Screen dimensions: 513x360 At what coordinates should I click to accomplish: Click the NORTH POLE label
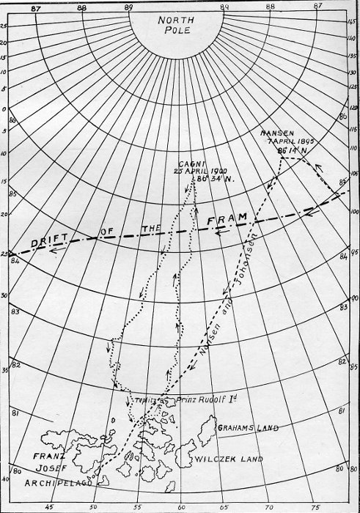pyautogui.click(x=180, y=27)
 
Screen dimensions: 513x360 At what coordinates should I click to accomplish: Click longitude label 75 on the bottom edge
pyautogui.click(x=317, y=506)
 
